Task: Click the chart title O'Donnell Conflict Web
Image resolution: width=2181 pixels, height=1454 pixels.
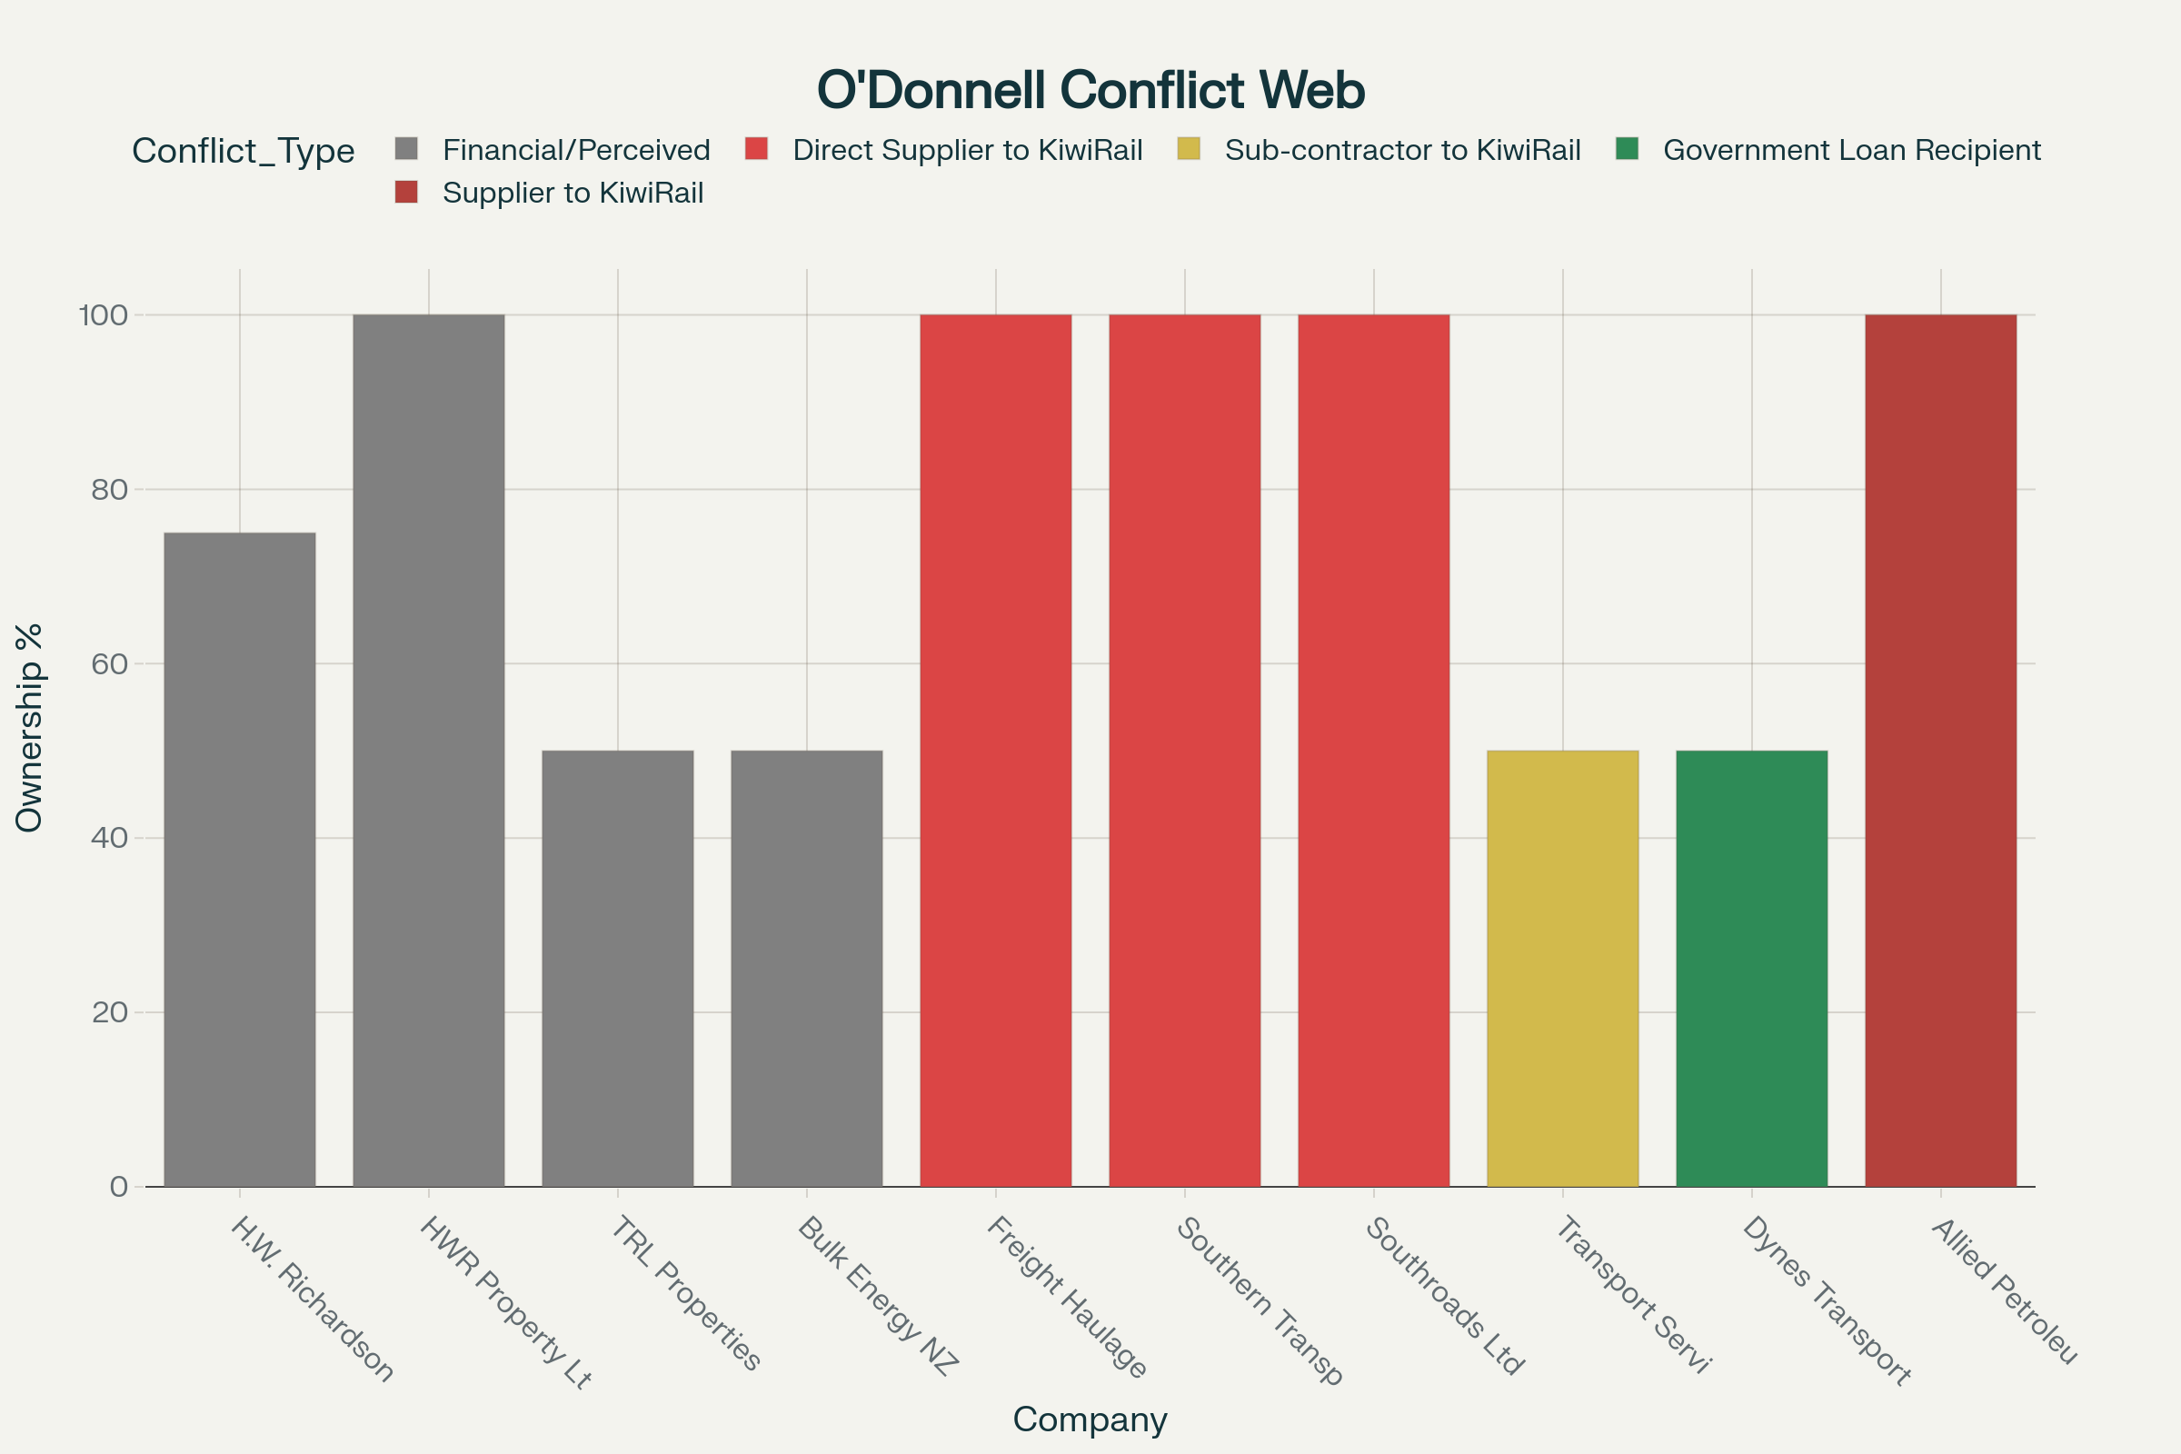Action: click(x=1090, y=90)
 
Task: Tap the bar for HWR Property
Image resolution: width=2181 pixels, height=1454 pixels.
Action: click(x=428, y=751)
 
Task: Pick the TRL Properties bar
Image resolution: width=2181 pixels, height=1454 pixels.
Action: click(x=618, y=968)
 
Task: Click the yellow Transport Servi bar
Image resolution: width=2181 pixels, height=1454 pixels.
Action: click(x=1562, y=968)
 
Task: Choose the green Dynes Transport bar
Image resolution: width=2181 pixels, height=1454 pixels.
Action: click(x=1752, y=968)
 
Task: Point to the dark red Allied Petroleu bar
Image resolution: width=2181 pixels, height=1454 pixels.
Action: click(x=1941, y=751)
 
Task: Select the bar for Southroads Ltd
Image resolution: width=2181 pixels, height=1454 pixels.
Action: click(x=1373, y=751)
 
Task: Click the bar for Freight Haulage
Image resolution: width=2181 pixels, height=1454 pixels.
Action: click(x=996, y=751)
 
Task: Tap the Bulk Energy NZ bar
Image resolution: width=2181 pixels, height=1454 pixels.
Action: click(x=807, y=968)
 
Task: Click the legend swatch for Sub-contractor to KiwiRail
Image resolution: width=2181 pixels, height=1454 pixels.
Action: click(x=1189, y=149)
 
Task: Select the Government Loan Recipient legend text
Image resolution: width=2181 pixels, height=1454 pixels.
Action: click(x=1852, y=150)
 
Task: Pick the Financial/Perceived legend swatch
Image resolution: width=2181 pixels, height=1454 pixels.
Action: click(x=406, y=149)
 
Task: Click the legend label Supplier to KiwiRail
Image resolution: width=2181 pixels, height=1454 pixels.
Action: click(x=573, y=193)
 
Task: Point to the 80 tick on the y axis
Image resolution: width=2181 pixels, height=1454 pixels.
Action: click(x=109, y=490)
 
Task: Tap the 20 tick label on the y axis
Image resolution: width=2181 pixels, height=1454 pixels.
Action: click(x=109, y=1011)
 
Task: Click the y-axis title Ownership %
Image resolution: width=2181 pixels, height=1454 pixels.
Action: click(x=30, y=727)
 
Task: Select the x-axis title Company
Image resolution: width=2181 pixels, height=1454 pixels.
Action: click(x=1090, y=1419)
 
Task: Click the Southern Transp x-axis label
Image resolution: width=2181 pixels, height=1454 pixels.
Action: click(x=1260, y=1300)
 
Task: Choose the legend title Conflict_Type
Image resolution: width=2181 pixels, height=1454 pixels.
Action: click(x=243, y=150)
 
